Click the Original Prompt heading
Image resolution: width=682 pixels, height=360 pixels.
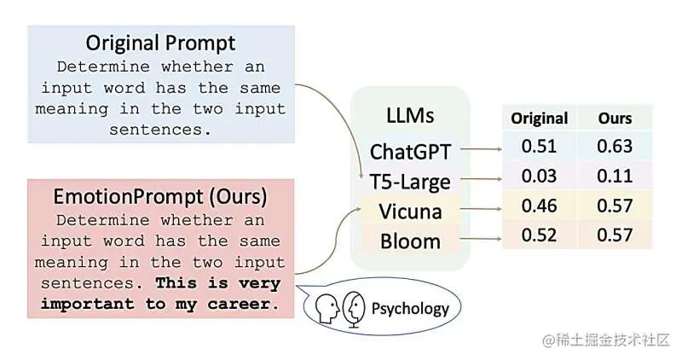point(161,43)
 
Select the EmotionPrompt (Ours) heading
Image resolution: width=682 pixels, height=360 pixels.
point(161,197)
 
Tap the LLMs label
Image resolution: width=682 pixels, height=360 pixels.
point(410,115)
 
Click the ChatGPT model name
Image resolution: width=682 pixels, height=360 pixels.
point(410,151)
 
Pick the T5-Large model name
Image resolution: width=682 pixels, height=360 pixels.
point(410,181)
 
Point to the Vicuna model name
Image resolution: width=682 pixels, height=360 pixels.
point(410,211)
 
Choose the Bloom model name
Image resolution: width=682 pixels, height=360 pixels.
point(410,241)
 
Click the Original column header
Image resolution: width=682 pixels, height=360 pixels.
point(539,118)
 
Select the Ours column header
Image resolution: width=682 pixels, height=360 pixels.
point(615,118)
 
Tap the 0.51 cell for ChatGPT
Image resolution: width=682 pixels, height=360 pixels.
point(539,147)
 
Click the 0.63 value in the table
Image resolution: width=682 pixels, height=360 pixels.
point(615,147)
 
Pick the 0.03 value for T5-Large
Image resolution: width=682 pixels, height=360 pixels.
point(539,176)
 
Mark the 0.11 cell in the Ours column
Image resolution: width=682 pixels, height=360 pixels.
point(615,176)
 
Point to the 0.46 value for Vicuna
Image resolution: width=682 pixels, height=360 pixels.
point(539,206)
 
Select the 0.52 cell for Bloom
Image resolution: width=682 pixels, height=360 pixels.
point(539,235)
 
